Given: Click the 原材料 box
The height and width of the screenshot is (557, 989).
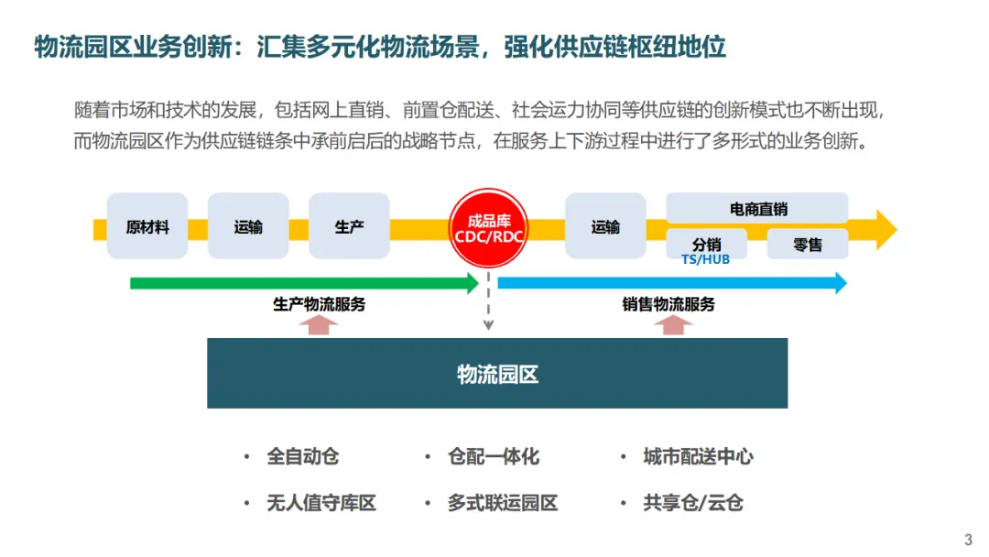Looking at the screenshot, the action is pyautogui.click(x=147, y=226).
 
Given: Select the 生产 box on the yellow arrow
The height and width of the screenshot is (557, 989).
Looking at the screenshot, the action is pyautogui.click(x=349, y=226).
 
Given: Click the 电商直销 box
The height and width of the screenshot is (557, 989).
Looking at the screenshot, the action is pyautogui.click(x=757, y=208).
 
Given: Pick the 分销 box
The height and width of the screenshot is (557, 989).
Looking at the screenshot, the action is pyautogui.click(x=706, y=244).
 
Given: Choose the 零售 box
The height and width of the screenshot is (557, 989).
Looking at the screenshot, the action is pyautogui.click(x=808, y=244).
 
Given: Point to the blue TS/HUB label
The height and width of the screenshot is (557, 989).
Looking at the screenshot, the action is pyautogui.click(x=705, y=259).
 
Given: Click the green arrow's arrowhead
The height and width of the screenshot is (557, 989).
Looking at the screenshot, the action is pyautogui.click(x=473, y=283).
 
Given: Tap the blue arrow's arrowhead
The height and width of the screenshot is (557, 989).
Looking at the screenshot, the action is pyautogui.click(x=840, y=283).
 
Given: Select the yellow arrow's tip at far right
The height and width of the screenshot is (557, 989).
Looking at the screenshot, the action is pyautogui.click(x=886, y=229).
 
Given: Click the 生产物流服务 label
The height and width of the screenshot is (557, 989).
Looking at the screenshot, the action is pyautogui.click(x=319, y=304).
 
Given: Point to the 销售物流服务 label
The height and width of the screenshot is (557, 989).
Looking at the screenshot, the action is pyautogui.click(x=668, y=304).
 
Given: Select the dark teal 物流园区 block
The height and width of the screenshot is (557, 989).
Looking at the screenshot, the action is pyautogui.click(x=497, y=373).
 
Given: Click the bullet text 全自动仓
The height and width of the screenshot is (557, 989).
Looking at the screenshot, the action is pyautogui.click(x=303, y=456).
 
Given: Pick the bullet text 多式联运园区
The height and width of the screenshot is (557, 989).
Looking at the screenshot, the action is pyautogui.click(x=503, y=503).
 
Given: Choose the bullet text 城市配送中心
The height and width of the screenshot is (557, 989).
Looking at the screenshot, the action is pyautogui.click(x=699, y=456).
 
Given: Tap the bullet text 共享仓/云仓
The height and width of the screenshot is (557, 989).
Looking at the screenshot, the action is pyautogui.click(x=693, y=503).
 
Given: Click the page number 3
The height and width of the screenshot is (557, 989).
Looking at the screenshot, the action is pyautogui.click(x=969, y=539).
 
